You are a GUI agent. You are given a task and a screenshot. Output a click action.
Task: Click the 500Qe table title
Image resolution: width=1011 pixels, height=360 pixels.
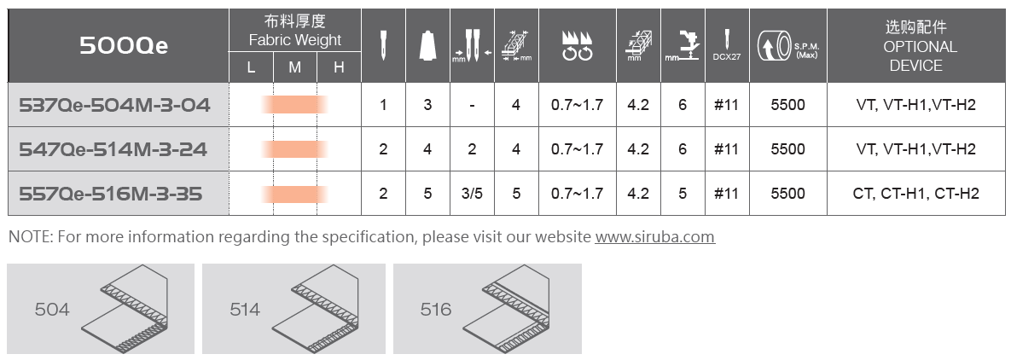click(124, 46)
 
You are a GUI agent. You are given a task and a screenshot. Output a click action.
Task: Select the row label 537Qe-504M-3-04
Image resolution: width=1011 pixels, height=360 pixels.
click(115, 105)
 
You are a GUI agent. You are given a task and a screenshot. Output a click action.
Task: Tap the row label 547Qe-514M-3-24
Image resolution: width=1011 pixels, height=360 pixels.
click(113, 149)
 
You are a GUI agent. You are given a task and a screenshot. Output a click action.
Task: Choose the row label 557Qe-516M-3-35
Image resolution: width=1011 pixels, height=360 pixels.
click(111, 194)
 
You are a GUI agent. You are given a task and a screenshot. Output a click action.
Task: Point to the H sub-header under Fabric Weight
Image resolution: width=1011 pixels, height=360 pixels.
click(339, 67)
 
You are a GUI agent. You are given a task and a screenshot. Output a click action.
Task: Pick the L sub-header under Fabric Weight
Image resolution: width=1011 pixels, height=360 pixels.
click(251, 67)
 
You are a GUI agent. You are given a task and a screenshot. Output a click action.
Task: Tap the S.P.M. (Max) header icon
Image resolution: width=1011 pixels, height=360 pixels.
click(788, 46)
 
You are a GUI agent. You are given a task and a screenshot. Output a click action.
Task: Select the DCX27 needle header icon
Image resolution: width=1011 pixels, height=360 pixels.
click(727, 44)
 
